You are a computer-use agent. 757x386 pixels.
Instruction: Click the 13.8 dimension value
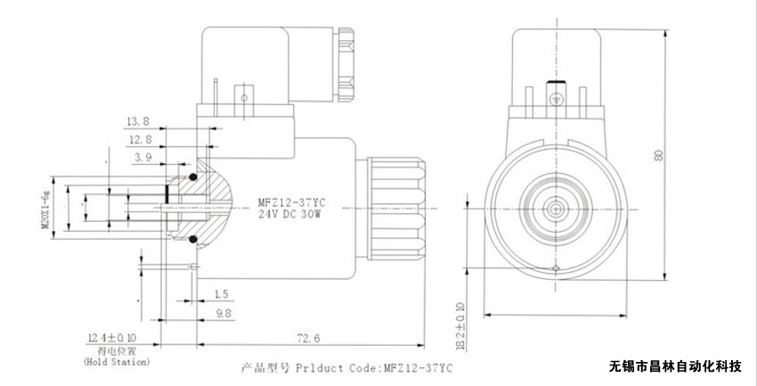click(x=136, y=120)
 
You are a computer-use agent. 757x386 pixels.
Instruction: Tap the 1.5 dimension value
click(x=221, y=293)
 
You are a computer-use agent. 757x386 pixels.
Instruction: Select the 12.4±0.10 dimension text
click(x=113, y=338)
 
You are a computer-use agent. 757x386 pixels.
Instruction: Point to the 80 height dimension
click(x=658, y=153)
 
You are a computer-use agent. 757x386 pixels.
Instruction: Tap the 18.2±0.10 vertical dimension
click(x=460, y=326)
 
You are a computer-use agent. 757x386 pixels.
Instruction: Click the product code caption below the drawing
click(x=348, y=366)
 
